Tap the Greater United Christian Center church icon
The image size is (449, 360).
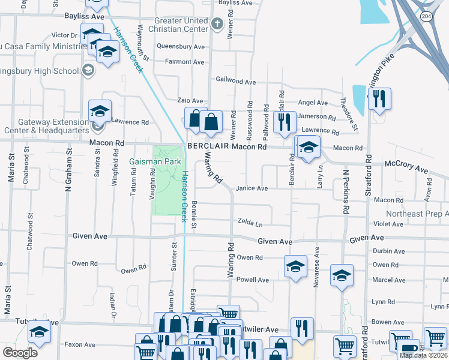pos(217,24)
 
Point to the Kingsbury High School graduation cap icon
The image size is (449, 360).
pos(89,71)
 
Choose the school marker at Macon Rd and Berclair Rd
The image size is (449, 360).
pos(309,148)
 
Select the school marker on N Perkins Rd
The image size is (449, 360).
pos(342,275)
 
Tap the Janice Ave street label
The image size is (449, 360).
pos(252,188)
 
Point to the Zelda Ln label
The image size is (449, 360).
pos(251,223)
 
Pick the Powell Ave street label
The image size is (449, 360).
pos(253,280)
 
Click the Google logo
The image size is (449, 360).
pos(20,353)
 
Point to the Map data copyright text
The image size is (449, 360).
pos(423,355)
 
